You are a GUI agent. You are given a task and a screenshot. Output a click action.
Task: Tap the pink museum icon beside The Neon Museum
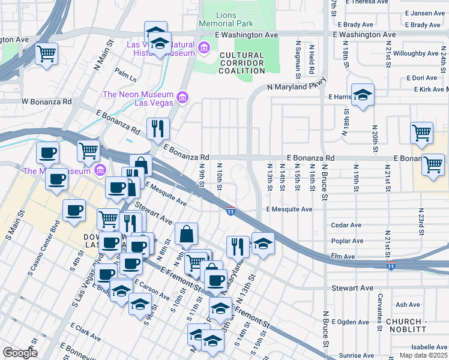[x=184, y=97]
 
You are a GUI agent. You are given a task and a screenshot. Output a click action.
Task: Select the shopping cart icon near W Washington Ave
[x=46, y=54]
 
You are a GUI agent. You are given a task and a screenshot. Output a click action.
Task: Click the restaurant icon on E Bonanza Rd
[x=158, y=128]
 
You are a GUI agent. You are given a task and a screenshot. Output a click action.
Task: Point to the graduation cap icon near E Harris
[x=363, y=95]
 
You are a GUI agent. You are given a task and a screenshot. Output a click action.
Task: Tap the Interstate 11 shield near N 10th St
[x=231, y=210]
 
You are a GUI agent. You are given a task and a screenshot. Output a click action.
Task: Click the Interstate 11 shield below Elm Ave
[x=391, y=265]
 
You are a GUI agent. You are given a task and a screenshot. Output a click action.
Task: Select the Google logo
[x=20, y=353]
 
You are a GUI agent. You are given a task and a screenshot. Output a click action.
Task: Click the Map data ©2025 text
[x=423, y=355]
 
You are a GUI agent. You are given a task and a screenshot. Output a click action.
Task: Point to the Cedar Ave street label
[x=347, y=226]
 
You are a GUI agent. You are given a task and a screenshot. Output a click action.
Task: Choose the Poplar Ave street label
[x=348, y=241]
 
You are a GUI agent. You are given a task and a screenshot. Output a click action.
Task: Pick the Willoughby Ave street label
[x=416, y=53]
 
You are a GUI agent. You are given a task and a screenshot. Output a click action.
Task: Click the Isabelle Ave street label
[x=429, y=347]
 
